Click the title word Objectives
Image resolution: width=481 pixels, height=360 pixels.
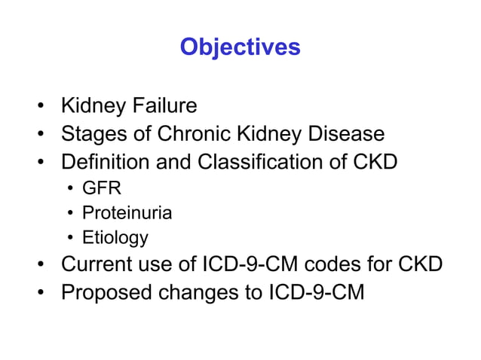pyautogui.click(x=240, y=47)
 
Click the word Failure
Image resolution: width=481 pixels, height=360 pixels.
pyautogui.click(x=164, y=105)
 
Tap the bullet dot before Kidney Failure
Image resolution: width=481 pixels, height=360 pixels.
pyautogui.click(x=44, y=106)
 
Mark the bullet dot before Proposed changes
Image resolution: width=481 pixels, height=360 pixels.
pyautogui.click(x=44, y=292)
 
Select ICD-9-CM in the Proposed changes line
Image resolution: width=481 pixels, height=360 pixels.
pyautogui.click(x=317, y=292)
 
